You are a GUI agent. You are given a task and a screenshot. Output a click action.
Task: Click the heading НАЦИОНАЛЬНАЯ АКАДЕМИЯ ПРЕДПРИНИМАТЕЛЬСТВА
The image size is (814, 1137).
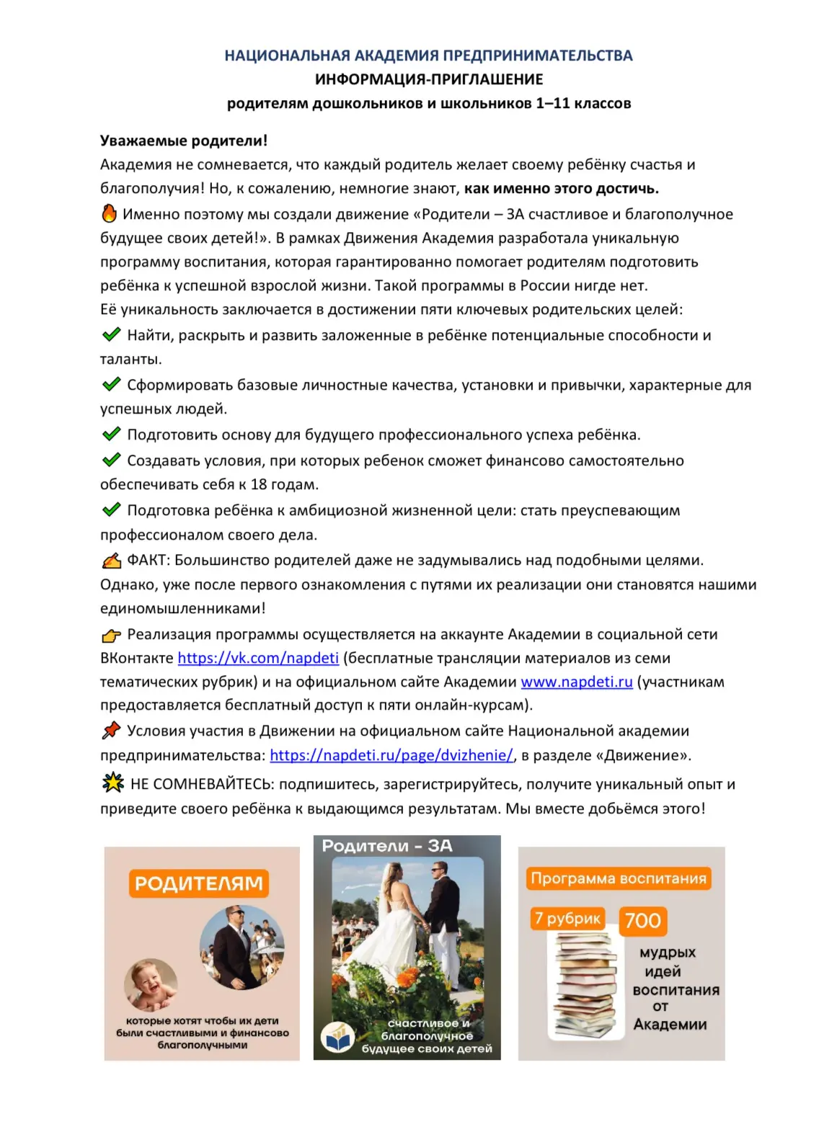428,55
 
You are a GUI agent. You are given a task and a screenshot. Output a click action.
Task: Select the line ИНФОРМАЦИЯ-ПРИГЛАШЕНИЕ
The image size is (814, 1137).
428,79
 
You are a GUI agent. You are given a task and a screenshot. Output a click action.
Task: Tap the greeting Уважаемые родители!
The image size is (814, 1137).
184,141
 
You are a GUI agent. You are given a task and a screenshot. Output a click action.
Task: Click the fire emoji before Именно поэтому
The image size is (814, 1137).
109,213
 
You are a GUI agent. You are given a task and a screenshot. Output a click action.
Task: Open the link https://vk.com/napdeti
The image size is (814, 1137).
258,658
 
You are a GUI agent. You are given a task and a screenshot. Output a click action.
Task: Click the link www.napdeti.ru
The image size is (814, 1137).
576,682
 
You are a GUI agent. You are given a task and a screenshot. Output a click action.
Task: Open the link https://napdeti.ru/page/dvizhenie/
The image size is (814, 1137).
391,755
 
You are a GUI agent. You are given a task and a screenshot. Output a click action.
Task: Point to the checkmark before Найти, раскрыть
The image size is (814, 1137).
111,334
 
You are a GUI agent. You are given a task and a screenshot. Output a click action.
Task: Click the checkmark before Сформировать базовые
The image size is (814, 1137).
111,384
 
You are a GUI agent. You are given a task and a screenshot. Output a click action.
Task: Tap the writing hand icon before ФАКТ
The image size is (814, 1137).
111,560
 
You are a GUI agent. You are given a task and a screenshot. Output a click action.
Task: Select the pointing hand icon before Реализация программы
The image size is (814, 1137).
111,635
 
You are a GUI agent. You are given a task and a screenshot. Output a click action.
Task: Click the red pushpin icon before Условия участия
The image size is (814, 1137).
111,731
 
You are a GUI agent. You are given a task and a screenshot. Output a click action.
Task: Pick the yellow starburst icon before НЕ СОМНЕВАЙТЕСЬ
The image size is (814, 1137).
112,782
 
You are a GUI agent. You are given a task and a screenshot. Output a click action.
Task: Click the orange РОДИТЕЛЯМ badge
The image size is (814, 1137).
198,883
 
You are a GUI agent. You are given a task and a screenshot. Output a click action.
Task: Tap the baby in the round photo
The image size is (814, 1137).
151,984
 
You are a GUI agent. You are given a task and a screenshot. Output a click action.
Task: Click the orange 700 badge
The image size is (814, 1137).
642,920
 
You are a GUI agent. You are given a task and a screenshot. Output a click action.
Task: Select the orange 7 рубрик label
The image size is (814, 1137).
567,918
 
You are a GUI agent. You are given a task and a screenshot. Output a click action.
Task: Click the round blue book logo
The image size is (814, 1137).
337,1038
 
